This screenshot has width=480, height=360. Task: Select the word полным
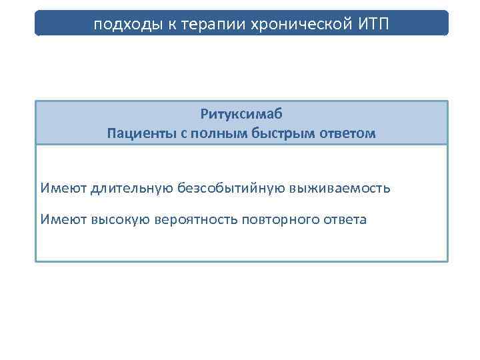(x=213, y=133)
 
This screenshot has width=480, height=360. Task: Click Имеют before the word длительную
(x=59, y=188)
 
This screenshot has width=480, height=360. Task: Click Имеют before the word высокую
(x=59, y=219)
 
